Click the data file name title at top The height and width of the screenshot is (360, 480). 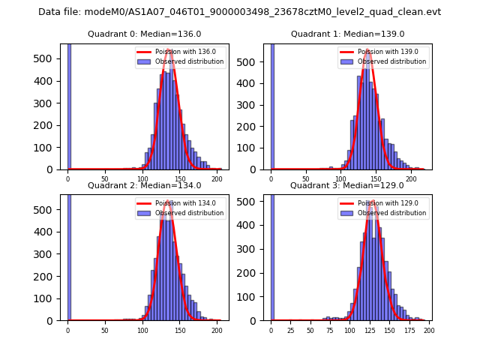tap(239, 12)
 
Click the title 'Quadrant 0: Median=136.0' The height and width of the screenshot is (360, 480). tap(144, 34)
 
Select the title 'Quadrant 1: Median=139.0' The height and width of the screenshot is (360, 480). tap(347, 34)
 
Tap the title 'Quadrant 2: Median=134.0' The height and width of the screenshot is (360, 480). tap(144, 185)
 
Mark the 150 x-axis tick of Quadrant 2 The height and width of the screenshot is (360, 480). tap(180, 330)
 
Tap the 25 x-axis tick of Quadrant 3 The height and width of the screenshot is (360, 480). tap(291, 330)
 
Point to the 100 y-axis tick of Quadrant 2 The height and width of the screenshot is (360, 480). tap(49, 298)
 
